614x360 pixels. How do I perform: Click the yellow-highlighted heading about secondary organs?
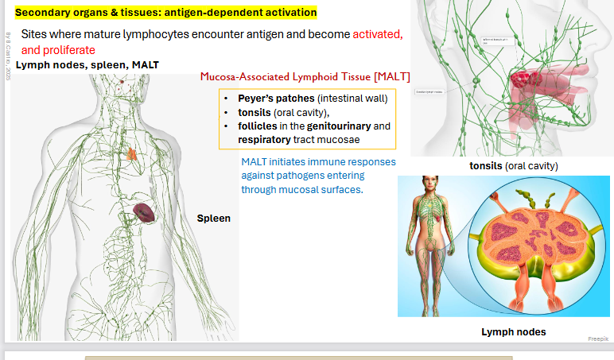(x=165, y=13)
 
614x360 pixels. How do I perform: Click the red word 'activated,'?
(x=377, y=35)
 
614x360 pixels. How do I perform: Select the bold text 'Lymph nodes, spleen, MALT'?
(x=88, y=64)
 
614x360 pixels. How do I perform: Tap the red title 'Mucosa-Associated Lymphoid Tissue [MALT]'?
(x=305, y=77)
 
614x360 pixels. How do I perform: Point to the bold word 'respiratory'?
(x=266, y=139)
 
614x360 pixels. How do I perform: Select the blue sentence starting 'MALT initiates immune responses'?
(x=318, y=176)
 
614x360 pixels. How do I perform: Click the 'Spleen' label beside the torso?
(x=213, y=218)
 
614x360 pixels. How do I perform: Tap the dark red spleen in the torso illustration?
(x=145, y=212)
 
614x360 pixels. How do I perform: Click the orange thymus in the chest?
(x=133, y=154)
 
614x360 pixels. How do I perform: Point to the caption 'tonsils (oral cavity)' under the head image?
(x=513, y=166)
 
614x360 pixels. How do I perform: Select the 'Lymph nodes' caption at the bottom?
(x=513, y=331)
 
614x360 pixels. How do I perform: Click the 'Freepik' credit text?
(x=597, y=339)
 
